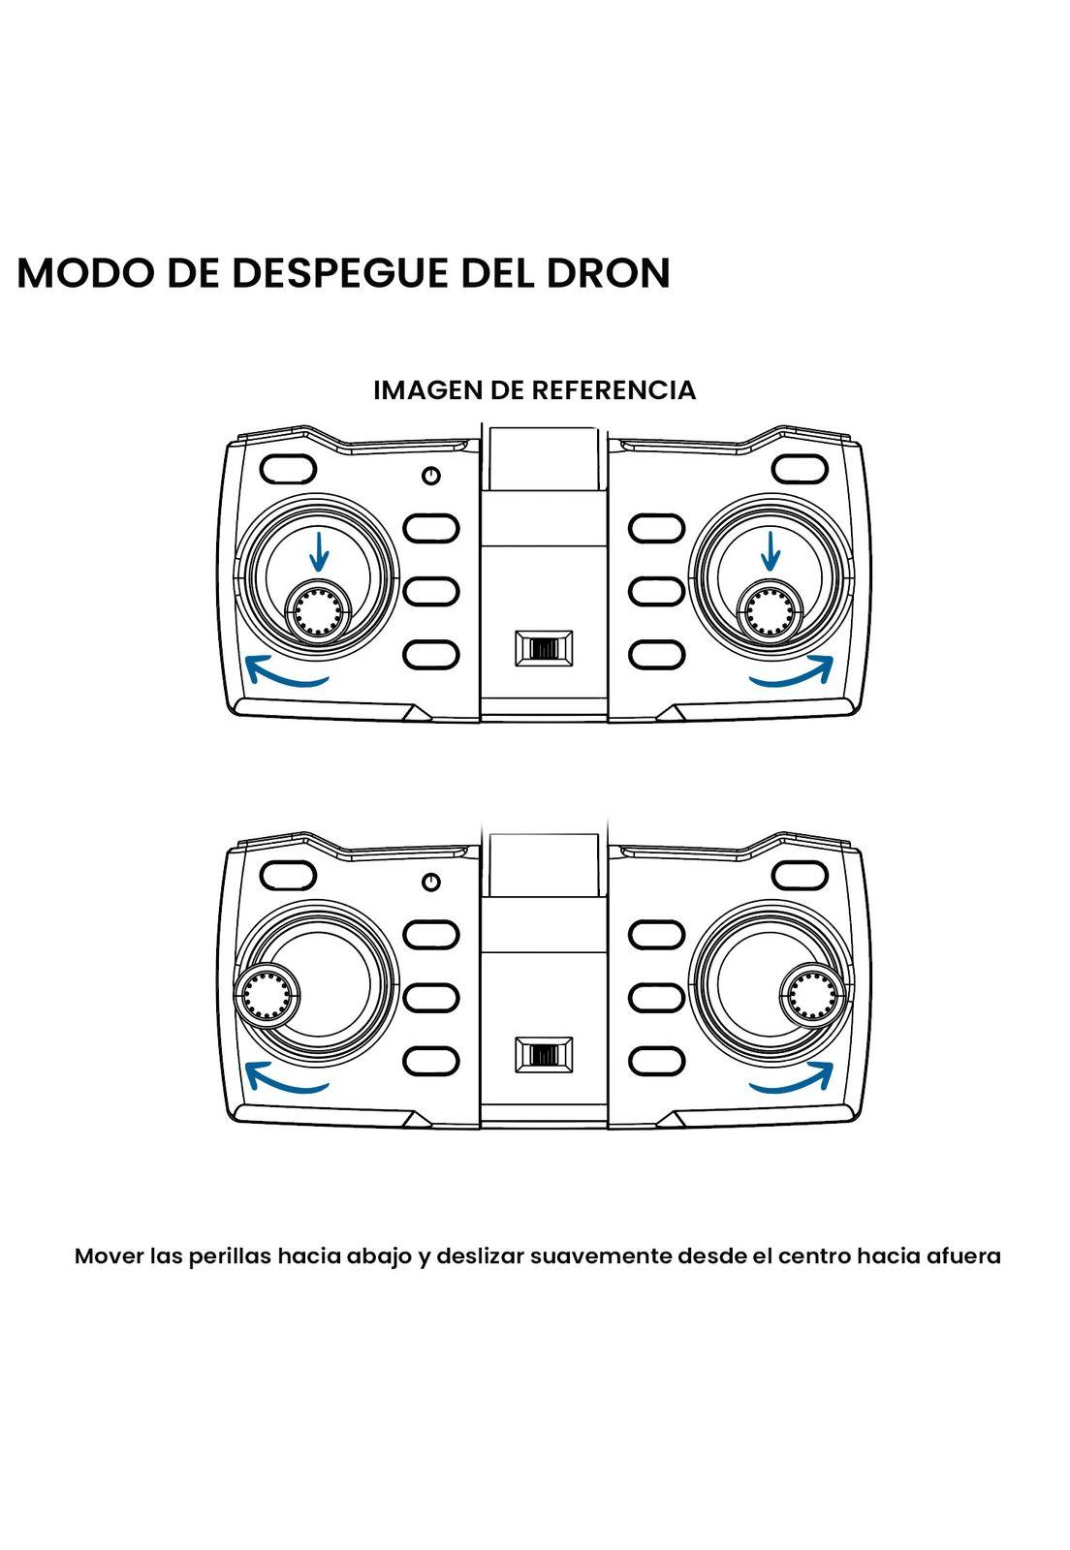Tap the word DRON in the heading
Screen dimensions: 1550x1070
tap(609, 273)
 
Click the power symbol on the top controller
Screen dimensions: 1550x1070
tap(432, 476)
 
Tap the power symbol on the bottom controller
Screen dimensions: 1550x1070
tap(432, 882)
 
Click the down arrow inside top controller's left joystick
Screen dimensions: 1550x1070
tap(319, 551)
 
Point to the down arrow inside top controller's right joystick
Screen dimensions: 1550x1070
tap(771, 551)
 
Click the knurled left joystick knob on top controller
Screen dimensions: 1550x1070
tap(318, 611)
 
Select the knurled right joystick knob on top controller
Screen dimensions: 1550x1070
tap(771, 611)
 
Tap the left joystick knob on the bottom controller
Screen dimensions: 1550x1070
tap(266, 995)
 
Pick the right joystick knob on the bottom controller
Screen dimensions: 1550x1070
tap(814, 995)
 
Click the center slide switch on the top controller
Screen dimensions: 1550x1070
tap(544, 647)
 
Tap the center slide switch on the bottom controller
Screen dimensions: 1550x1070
tap(544, 1054)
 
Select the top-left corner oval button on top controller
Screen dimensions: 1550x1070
tap(289, 469)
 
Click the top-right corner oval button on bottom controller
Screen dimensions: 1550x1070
tap(801, 875)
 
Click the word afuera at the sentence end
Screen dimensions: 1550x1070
tap(963, 1256)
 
